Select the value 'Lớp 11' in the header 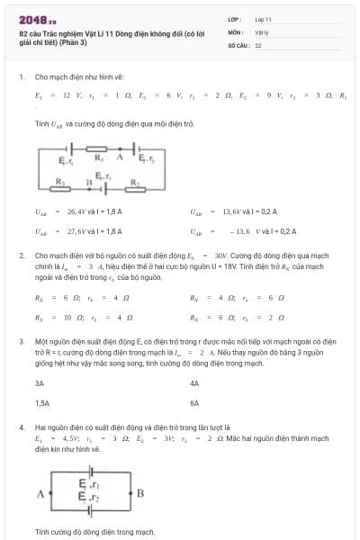264,18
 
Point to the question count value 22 258,44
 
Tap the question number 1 21,76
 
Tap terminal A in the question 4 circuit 40,494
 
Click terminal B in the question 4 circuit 140,493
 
